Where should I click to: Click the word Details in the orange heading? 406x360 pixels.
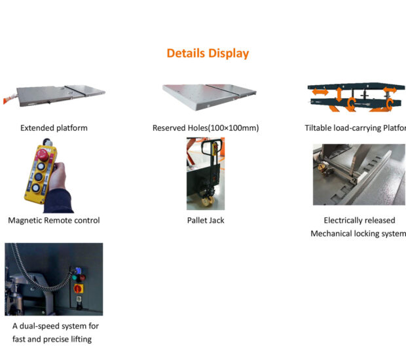point(186,53)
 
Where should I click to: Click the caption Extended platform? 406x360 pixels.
point(54,128)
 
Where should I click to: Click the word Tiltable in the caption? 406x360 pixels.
point(320,128)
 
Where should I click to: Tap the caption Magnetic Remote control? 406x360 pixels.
point(54,221)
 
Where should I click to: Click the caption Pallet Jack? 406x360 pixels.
point(206,221)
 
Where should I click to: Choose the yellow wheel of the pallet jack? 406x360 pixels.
point(212,197)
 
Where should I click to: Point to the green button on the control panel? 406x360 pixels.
point(83,277)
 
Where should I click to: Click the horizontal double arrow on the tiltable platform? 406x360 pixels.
point(320,93)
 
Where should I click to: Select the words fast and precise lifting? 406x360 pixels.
point(52,339)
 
